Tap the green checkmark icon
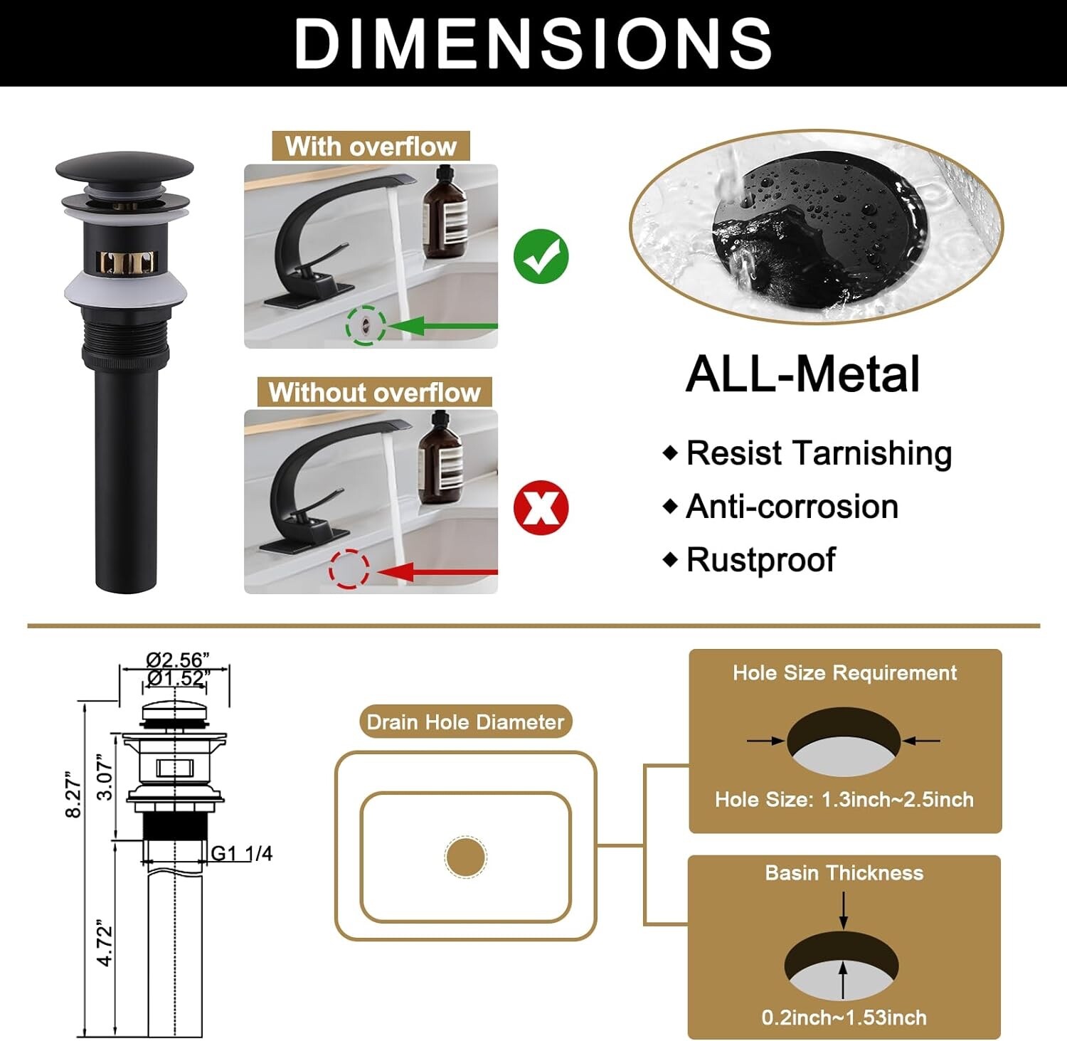tap(541, 256)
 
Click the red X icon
tap(541, 507)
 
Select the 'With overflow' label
tap(371, 147)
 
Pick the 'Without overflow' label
tap(375, 392)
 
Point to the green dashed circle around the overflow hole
tap(366, 326)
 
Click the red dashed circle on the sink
tap(349, 571)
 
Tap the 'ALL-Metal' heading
tap(802, 374)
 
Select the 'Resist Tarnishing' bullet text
tap(819, 453)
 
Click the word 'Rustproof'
tap(760, 559)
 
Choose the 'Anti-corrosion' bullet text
tap(792, 507)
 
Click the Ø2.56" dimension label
tap(178, 660)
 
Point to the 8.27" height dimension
tap(73, 794)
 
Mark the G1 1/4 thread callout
tap(242, 853)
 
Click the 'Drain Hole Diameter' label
tap(465, 722)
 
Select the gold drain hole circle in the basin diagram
tap(466, 857)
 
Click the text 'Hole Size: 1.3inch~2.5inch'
tap(844, 799)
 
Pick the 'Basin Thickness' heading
tap(844, 873)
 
